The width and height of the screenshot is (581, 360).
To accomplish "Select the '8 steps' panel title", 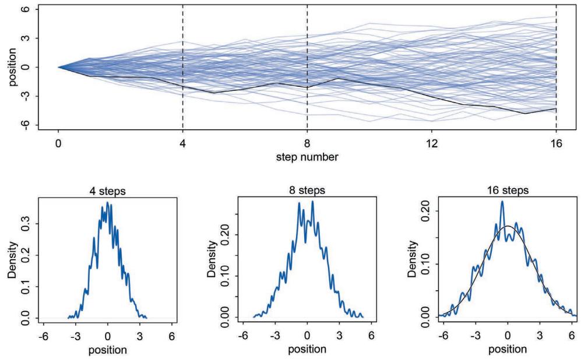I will pyautogui.click(x=307, y=191).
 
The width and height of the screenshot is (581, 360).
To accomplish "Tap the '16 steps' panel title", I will pyautogui.click(x=508, y=191).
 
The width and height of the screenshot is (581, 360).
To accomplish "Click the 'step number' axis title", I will pyautogui.click(x=307, y=157).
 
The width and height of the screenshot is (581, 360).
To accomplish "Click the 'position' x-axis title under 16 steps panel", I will pyautogui.click(x=508, y=350).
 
